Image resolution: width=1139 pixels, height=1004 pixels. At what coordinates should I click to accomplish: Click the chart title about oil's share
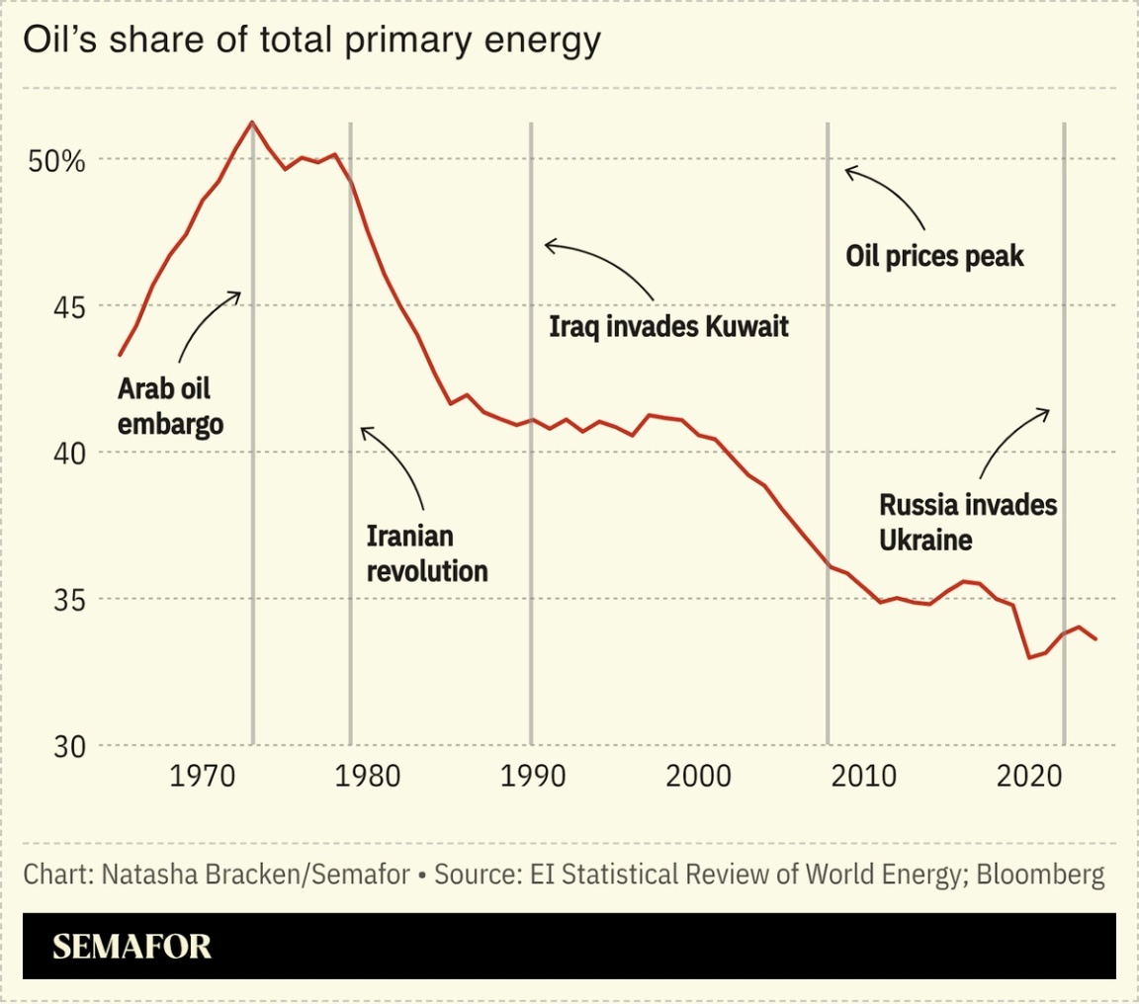coord(312,41)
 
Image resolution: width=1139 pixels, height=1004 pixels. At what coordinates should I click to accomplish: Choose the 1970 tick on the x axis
coord(203,775)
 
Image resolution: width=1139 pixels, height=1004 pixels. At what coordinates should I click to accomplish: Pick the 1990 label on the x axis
coord(532,775)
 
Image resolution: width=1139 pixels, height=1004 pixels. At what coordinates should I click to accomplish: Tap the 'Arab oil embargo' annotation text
coord(170,406)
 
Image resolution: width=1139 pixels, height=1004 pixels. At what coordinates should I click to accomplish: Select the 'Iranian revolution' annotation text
coord(427,553)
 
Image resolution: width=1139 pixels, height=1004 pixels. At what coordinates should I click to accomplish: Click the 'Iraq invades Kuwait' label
coord(669,326)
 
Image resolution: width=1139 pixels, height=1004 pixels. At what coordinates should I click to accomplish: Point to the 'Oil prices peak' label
coord(935,257)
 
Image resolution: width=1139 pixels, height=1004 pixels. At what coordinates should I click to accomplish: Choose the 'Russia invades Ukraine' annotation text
coord(968,523)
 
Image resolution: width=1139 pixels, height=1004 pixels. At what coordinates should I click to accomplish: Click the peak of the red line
coord(252,123)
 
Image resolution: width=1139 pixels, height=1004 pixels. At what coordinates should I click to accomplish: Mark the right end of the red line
coord(1095,639)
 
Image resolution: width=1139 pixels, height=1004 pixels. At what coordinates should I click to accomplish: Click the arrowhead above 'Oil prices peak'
coord(848,171)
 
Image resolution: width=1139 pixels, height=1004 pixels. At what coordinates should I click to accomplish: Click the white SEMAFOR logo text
coord(131,946)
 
